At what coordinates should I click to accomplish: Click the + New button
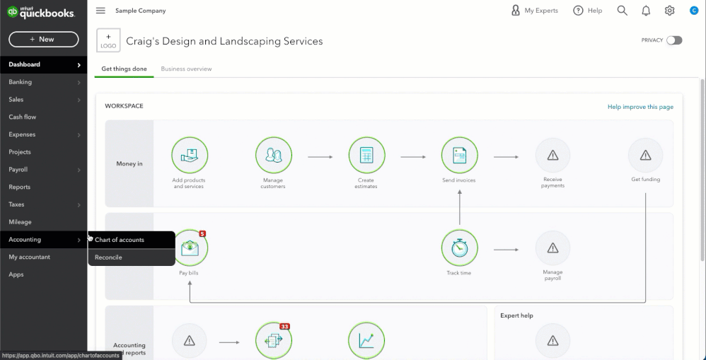[44, 39]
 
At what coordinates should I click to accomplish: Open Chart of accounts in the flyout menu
[120, 240]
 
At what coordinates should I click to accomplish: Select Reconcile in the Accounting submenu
[108, 257]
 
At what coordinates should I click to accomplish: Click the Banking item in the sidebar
[21, 82]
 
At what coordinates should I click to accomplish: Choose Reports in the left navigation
[19, 187]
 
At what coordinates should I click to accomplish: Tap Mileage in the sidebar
[20, 222]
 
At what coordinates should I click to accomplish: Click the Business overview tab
[186, 69]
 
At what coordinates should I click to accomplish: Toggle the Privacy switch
[674, 40]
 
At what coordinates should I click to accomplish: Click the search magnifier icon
[622, 11]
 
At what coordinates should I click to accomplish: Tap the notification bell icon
[646, 11]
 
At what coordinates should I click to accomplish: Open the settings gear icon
[669, 11]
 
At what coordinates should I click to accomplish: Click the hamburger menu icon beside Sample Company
[100, 11]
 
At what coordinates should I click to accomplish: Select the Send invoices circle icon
[459, 156]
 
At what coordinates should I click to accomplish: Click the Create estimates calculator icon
[366, 156]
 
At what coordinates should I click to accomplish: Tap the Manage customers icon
[273, 156]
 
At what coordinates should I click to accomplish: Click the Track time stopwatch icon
[459, 248]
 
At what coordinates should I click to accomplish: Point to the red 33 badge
[284, 327]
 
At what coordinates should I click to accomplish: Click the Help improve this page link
[640, 107]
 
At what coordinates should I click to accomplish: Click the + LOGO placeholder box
[108, 40]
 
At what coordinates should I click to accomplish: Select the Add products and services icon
[190, 156]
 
